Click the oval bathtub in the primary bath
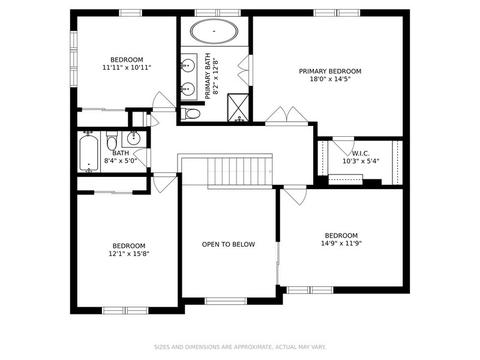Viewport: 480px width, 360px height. [x=214, y=31]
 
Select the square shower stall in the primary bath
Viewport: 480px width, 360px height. [x=238, y=107]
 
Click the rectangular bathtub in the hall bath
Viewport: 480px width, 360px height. [x=89, y=153]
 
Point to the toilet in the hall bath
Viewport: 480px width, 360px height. [x=111, y=141]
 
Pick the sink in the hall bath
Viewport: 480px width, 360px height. [x=134, y=139]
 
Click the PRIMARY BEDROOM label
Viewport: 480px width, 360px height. [x=330, y=71]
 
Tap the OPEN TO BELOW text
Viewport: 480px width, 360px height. [x=228, y=244]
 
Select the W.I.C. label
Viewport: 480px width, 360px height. [x=361, y=154]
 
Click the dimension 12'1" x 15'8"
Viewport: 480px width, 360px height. [x=129, y=254]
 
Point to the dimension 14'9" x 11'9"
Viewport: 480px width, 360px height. [x=341, y=243]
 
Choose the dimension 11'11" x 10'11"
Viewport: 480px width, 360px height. [x=127, y=68]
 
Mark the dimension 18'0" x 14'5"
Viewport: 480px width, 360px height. [x=330, y=79]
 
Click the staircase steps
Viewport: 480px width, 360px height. [x=240, y=171]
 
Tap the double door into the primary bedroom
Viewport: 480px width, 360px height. [x=286, y=116]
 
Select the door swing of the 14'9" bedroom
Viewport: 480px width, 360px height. [x=295, y=195]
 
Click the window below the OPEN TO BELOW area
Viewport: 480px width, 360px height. [x=226, y=301]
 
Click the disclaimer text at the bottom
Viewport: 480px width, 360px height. [x=240, y=347]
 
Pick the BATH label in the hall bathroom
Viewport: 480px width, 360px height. [x=121, y=153]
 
